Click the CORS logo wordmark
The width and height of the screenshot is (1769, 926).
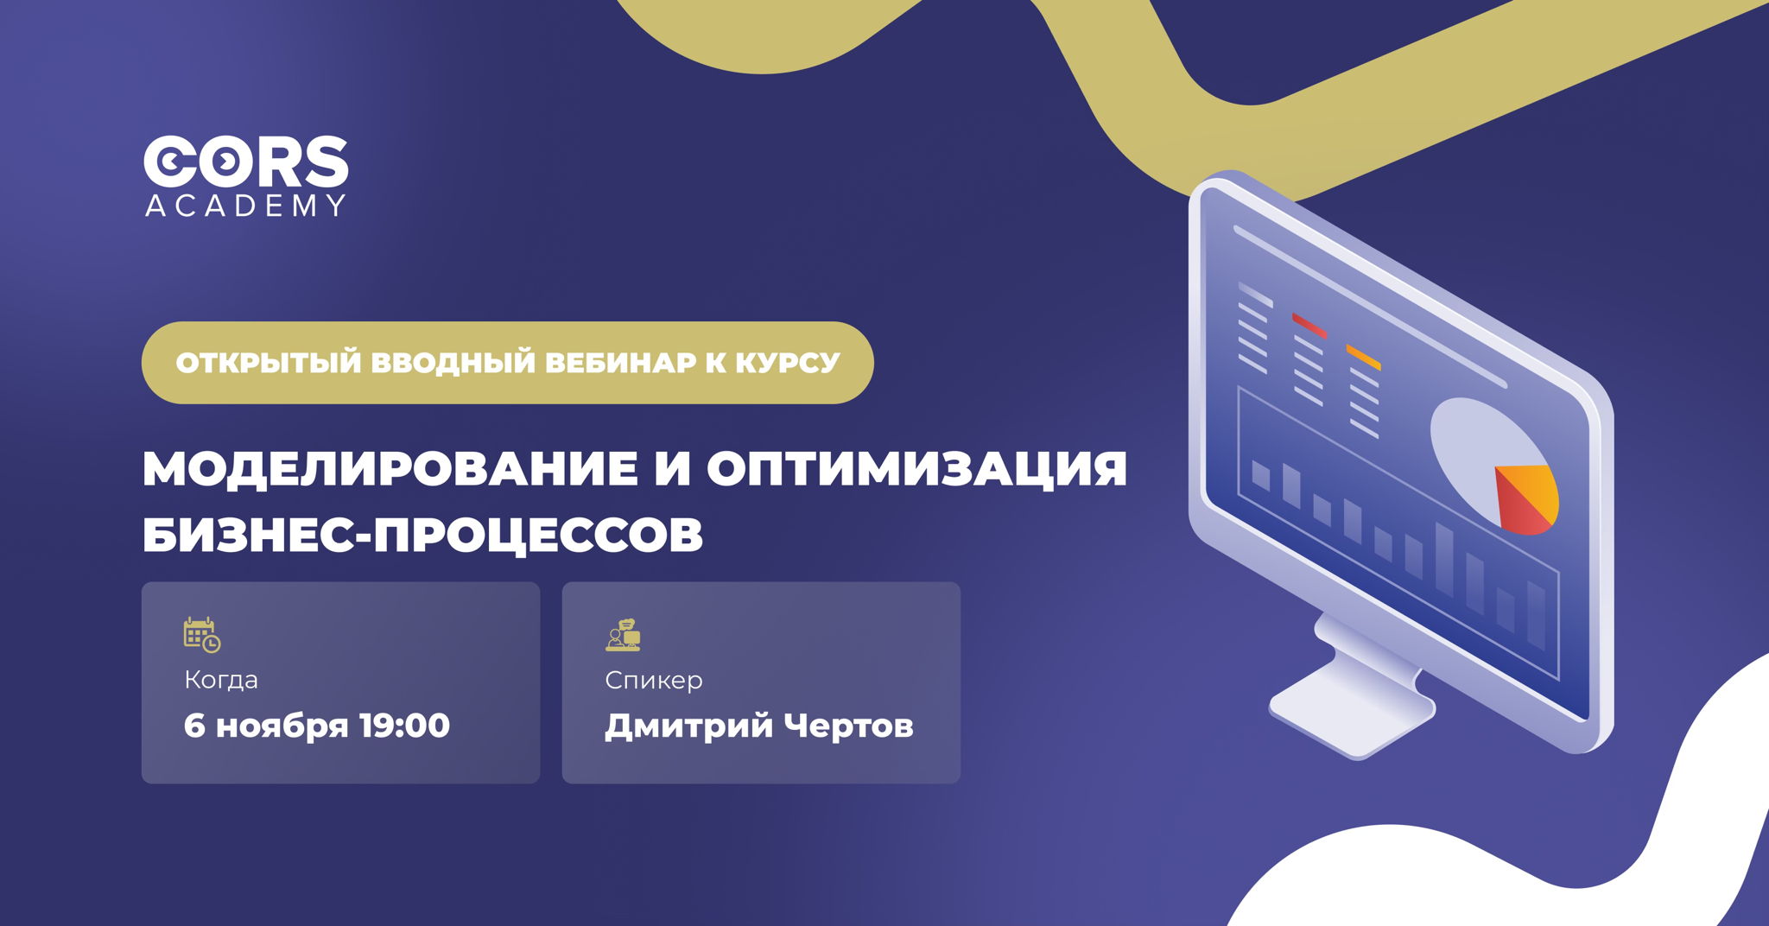[245, 162]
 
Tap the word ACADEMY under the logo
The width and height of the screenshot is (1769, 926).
[245, 206]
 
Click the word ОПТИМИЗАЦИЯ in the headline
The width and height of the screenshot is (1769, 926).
[916, 469]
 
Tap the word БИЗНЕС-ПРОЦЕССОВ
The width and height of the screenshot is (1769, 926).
[422, 536]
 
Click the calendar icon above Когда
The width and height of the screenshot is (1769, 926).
[202, 635]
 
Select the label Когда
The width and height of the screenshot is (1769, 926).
[221, 681]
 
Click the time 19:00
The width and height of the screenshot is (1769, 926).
[404, 726]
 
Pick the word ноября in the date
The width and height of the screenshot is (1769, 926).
[282, 726]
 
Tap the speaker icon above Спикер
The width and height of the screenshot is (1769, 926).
[623, 635]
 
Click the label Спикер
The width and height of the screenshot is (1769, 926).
[654, 681]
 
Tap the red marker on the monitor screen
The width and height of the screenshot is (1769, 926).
[1309, 325]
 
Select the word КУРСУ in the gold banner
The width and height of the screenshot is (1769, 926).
[787, 363]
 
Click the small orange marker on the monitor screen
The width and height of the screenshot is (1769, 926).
[1363, 356]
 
